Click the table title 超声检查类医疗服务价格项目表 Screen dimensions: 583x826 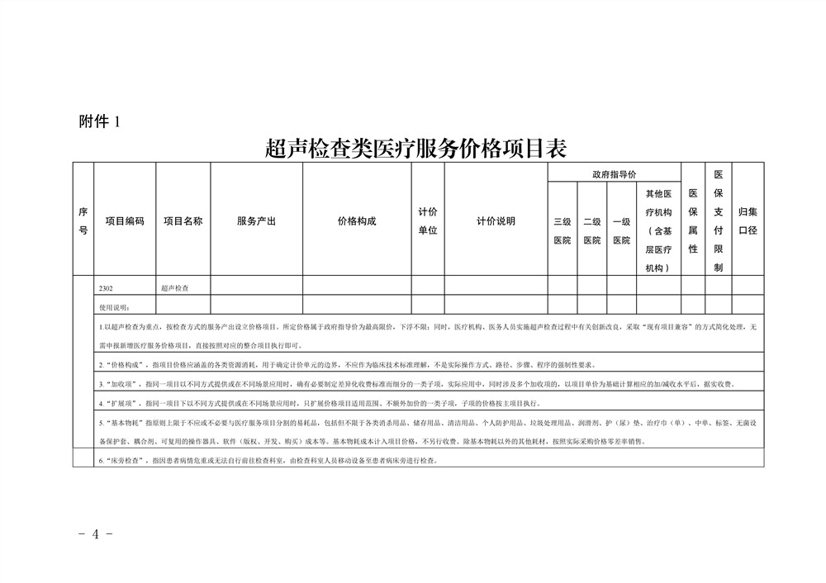(415, 148)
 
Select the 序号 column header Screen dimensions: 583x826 (83, 221)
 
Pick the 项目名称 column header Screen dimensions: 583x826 (183, 221)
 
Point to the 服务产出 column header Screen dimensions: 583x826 (256, 221)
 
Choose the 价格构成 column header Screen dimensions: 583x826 (357, 221)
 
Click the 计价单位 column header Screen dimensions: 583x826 (428, 221)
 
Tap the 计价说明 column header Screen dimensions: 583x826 (496, 221)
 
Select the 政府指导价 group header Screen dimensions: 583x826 (614, 174)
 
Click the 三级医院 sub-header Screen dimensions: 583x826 (562, 230)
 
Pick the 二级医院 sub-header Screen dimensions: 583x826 (591, 230)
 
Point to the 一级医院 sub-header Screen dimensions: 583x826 (621, 230)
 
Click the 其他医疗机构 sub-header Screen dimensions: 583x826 (658, 230)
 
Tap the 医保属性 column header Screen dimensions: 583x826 (693, 221)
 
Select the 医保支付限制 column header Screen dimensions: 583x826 (719, 221)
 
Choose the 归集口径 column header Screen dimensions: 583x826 (748, 221)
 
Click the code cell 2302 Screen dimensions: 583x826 (106, 288)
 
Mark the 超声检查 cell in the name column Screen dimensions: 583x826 (174, 288)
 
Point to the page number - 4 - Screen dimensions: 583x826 (95, 533)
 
